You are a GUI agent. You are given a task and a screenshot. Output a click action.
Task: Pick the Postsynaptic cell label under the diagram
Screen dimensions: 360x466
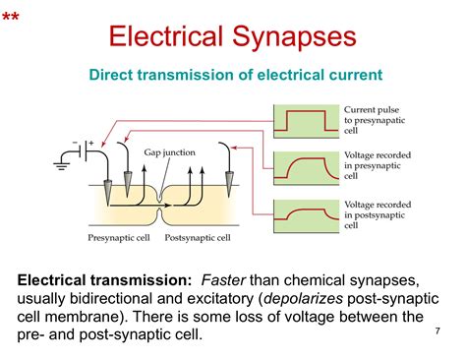tap(197, 236)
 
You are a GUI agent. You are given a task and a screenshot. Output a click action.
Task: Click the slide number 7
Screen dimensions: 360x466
tap(436, 331)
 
